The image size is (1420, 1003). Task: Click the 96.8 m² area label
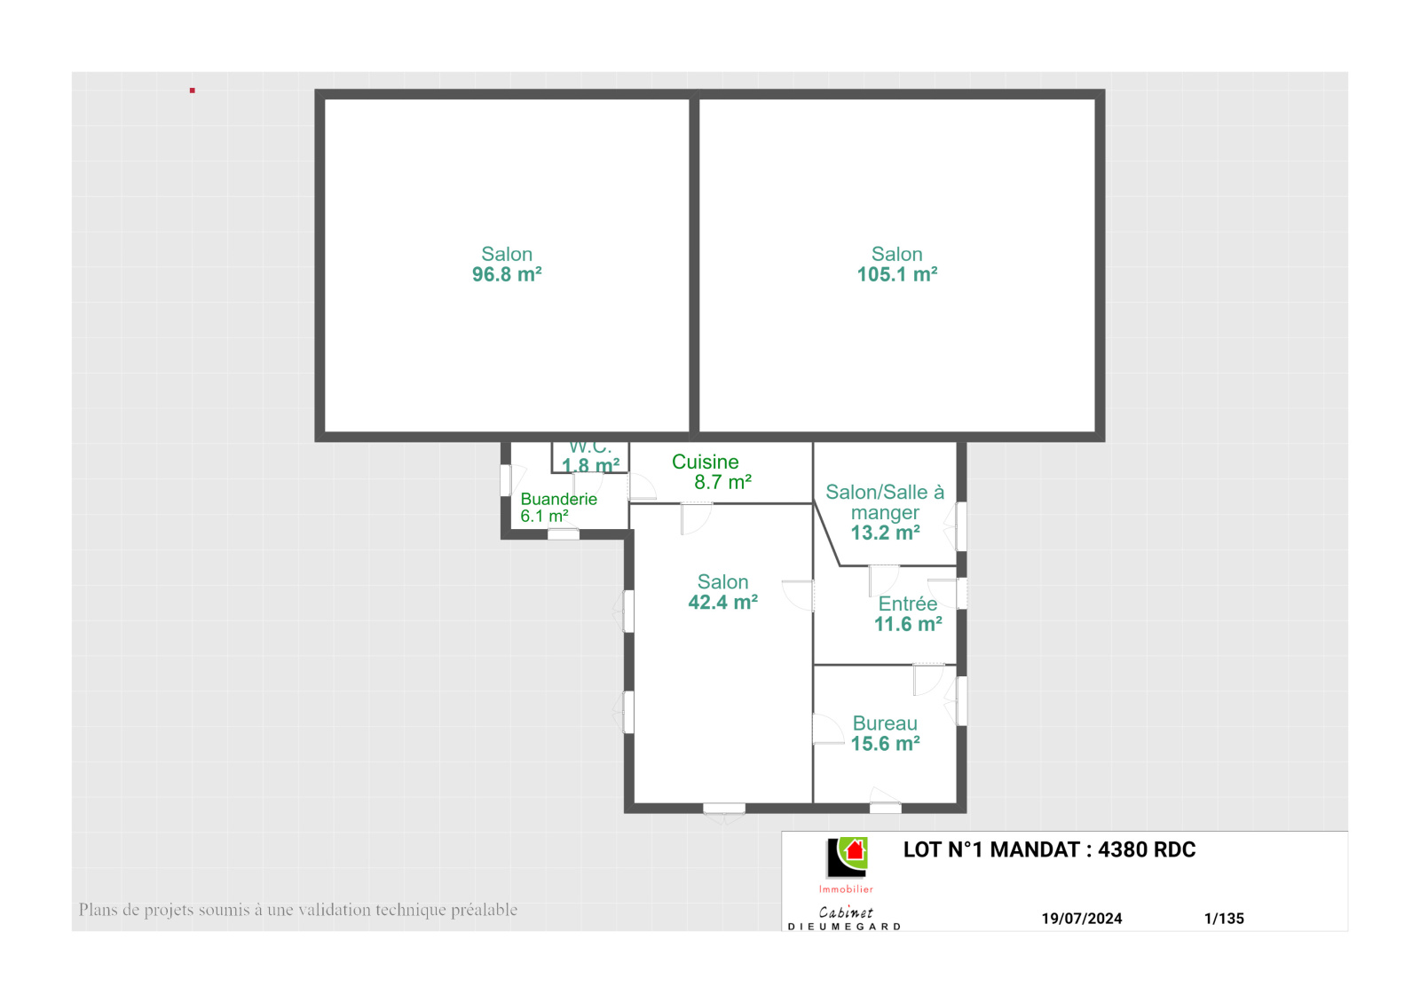pos(507,274)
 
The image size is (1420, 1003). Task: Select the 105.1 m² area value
pos(897,274)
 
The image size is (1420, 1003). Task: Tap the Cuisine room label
pos(705,462)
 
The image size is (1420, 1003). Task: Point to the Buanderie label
pos(558,499)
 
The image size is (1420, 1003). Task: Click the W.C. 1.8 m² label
pos(590,456)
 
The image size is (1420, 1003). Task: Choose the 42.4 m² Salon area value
pos(722,603)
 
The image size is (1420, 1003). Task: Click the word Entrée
pos(908,604)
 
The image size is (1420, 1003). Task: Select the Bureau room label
pos(885,723)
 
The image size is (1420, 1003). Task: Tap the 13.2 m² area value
pos(885,533)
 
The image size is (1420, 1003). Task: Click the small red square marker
pos(192,91)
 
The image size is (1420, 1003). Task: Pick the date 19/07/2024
pos(1082,919)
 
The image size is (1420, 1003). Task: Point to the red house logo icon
pos(855,850)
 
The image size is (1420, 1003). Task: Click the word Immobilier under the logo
pos(846,889)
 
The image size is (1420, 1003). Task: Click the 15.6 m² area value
pos(885,744)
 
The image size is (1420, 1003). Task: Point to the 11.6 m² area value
pos(908,625)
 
